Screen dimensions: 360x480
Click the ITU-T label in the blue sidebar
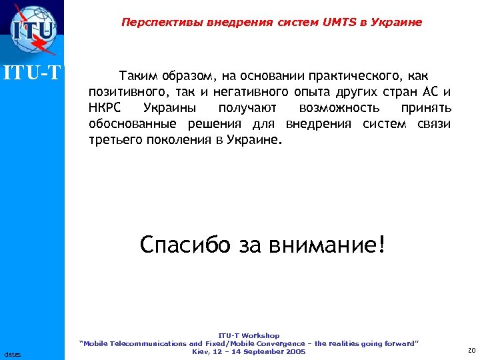(33, 70)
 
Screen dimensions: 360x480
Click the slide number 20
(471, 351)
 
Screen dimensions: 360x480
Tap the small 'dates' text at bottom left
(12, 353)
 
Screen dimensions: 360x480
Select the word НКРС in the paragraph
(105, 108)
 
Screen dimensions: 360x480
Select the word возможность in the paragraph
(339, 108)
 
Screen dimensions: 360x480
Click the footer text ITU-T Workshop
(249, 335)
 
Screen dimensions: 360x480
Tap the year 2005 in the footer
(294, 351)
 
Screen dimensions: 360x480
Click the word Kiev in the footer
(201, 351)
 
